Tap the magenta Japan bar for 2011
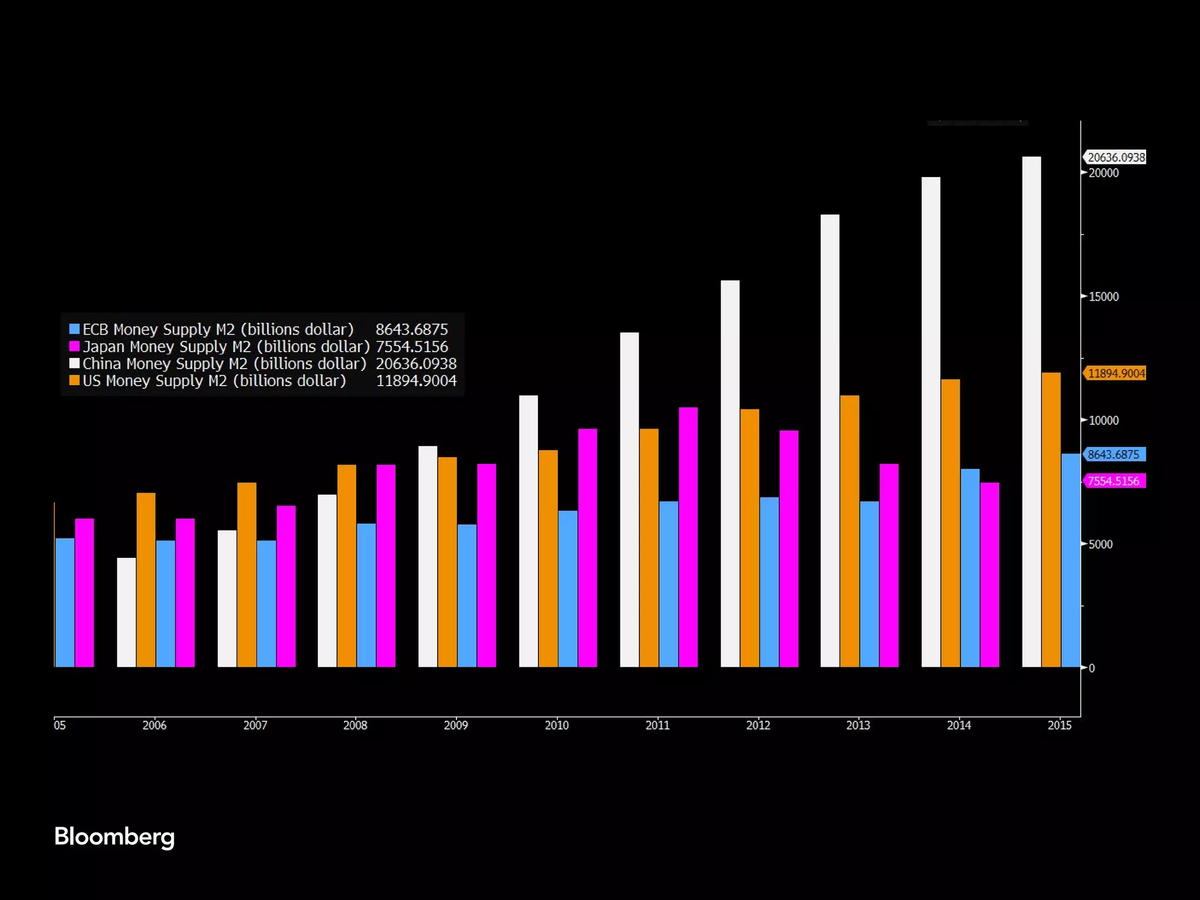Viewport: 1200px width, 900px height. (x=688, y=537)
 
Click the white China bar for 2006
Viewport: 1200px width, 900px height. (x=127, y=612)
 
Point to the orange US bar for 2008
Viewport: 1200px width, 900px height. (x=346, y=565)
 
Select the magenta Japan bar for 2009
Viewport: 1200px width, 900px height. (x=486, y=565)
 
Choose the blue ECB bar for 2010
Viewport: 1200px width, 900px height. (x=568, y=589)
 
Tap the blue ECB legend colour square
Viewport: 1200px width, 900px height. (x=74, y=329)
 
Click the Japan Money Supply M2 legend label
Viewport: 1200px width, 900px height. (x=226, y=347)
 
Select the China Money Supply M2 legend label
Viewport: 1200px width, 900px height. (x=224, y=364)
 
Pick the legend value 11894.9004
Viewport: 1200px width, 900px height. (x=416, y=381)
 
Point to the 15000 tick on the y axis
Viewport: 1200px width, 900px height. (x=1103, y=296)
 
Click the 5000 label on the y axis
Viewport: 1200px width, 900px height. (x=1100, y=544)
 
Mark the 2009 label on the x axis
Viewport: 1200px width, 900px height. (x=456, y=725)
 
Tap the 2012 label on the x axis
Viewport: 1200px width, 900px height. (x=758, y=725)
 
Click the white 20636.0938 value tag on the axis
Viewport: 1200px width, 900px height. (x=1116, y=157)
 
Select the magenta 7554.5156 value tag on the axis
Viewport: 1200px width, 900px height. (x=1113, y=481)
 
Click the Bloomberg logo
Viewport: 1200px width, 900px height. (x=114, y=837)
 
